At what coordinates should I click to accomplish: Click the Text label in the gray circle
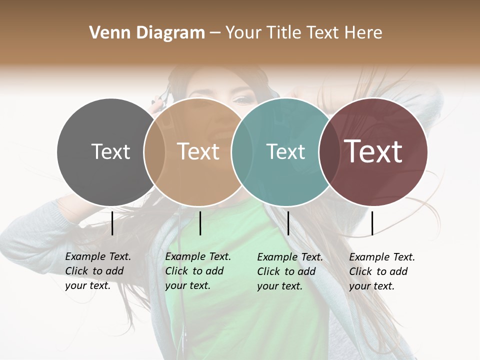point(110,151)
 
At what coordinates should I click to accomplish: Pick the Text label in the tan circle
point(198,151)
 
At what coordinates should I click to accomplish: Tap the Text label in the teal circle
point(285,151)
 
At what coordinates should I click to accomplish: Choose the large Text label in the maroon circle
point(373,151)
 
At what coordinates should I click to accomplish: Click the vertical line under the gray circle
point(112,223)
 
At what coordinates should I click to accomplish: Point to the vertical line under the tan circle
point(200,223)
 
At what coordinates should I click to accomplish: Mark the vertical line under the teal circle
point(288,223)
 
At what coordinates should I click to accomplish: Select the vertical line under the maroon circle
point(372,223)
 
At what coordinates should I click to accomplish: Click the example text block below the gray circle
point(97,271)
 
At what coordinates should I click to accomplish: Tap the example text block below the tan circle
point(197,271)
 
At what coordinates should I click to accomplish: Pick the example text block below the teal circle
point(289,271)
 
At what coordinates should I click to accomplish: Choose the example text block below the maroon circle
point(381,271)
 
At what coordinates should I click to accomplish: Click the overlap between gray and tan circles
point(154,152)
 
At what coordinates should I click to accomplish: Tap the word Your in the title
point(243,33)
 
